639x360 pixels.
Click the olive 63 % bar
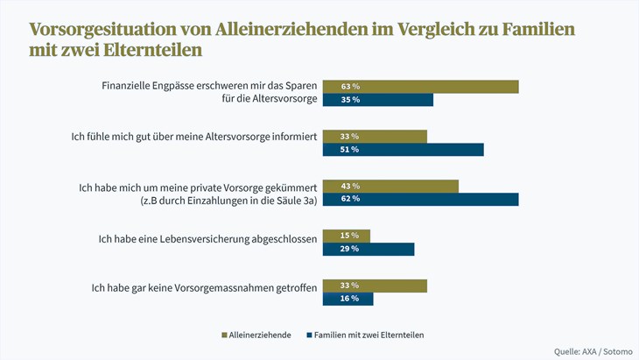pos(420,87)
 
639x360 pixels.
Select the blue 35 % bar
pos(378,100)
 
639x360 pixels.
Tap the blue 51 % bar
pos(403,150)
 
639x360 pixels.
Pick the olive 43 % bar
pos(390,187)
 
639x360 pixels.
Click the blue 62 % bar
pos(420,199)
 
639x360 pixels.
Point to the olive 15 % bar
pos(347,236)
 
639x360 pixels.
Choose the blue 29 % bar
pos(369,250)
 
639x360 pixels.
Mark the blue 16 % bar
pos(348,299)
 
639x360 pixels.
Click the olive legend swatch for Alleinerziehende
pos(224,335)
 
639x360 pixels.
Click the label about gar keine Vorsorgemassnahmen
pos(203,286)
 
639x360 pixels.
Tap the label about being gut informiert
pos(193,137)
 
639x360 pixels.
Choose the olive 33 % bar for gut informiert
pos(375,137)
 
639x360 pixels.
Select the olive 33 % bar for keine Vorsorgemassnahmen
pos(375,286)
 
